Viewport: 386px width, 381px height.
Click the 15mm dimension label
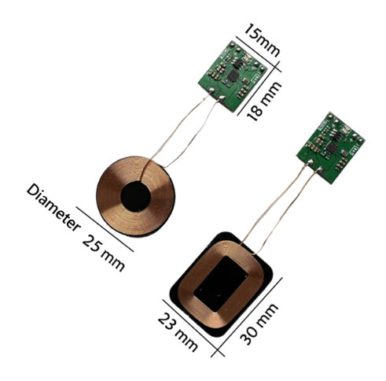coord(262,40)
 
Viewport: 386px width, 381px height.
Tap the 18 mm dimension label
coord(264,102)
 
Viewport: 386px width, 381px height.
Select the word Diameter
coord(53,208)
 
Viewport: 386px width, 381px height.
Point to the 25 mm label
coord(104,253)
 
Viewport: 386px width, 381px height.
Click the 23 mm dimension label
coord(178,332)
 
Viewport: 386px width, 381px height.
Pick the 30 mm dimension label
coord(259,324)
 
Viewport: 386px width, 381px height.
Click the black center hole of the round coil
coord(135,197)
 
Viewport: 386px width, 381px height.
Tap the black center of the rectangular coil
coord(221,284)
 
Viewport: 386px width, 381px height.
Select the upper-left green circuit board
coord(233,76)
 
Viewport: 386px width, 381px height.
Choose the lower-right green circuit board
coord(331,148)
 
